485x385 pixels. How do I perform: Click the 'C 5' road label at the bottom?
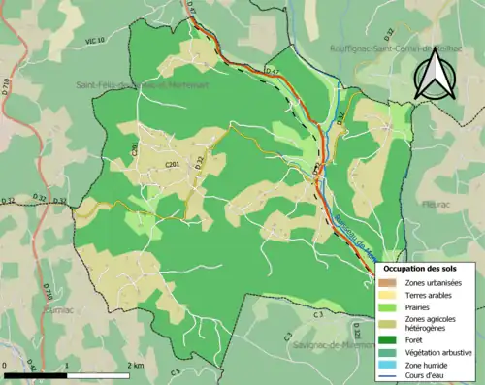[176, 371]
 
